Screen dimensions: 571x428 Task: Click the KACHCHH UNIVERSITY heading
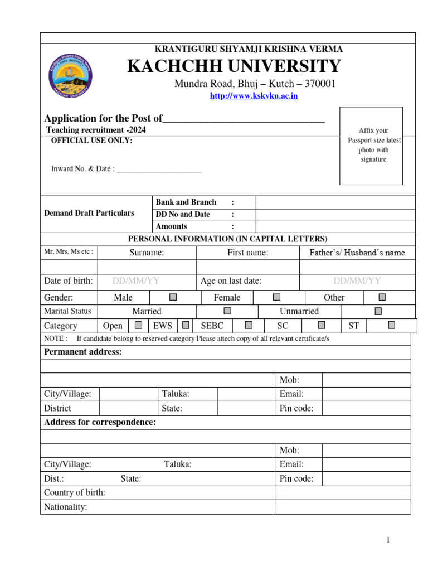coord(234,66)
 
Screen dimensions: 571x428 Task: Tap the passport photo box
coord(372,146)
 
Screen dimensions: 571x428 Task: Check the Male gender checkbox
coord(173,297)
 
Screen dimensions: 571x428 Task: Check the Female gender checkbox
coord(277,297)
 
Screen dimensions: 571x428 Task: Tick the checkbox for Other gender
coord(382,297)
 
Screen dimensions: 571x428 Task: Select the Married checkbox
coord(227,311)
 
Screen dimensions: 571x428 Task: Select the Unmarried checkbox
coord(378,311)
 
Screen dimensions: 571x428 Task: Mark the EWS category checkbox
coord(186,325)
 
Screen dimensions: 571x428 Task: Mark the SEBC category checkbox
coord(249,325)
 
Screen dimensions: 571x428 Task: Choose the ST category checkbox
coord(392,325)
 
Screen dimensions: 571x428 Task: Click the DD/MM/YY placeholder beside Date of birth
coord(136,281)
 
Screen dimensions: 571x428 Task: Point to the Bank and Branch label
coord(186,202)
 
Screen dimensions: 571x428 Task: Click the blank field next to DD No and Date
coord(335,214)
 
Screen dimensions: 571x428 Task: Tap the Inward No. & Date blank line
coord(159,169)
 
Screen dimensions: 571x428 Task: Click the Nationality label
coord(66,507)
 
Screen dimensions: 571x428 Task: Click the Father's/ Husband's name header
coord(357,253)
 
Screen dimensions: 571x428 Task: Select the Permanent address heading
coord(82,352)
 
